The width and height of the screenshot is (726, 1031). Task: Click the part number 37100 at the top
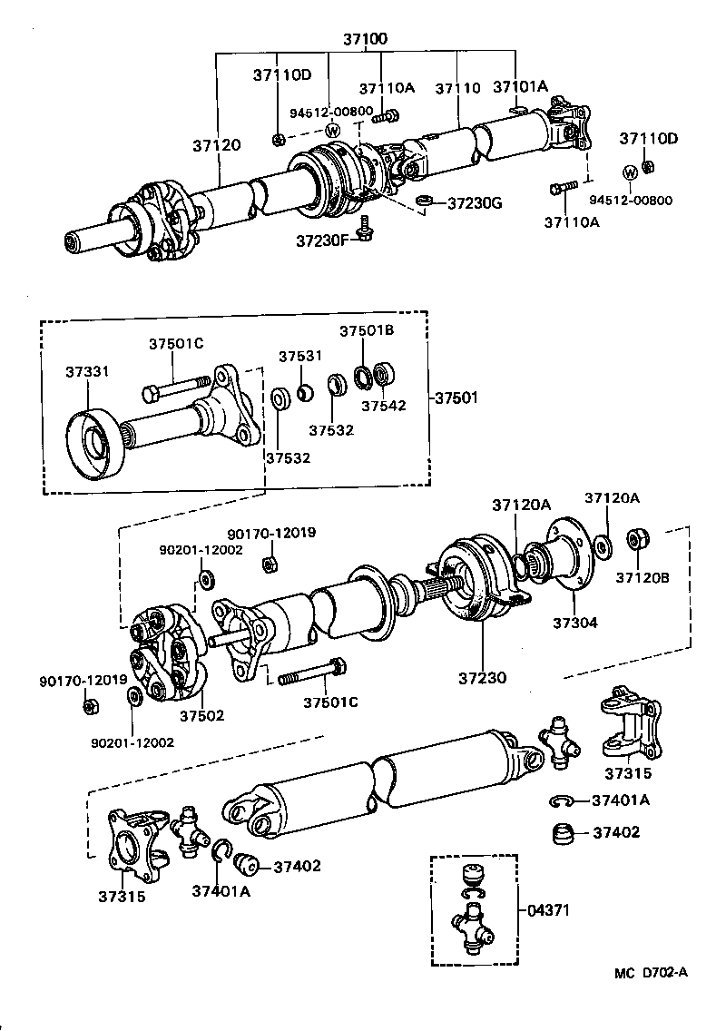point(365,40)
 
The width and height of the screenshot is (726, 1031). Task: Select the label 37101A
point(520,87)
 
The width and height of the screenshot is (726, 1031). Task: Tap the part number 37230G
point(475,202)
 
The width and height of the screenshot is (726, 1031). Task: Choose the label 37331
point(88,371)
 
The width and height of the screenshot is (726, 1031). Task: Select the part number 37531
point(300,356)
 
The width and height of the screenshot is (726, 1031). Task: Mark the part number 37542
point(383,405)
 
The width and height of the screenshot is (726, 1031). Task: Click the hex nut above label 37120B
point(637,537)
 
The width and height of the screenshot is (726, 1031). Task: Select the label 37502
point(201,715)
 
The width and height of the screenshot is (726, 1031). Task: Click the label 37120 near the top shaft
point(216,144)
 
